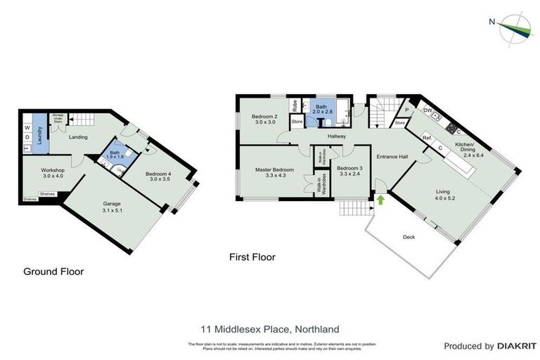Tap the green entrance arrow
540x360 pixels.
(x=380, y=200)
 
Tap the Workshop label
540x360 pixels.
(x=53, y=172)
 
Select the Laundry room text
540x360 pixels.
(x=40, y=131)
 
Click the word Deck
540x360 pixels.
(x=409, y=238)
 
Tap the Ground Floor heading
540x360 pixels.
(x=53, y=271)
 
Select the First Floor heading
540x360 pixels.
(x=252, y=257)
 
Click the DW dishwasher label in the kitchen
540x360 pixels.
(x=427, y=110)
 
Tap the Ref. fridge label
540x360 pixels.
(x=427, y=139)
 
